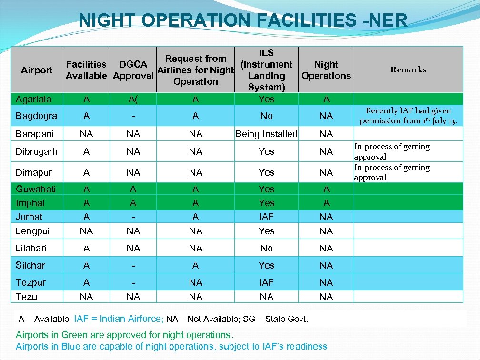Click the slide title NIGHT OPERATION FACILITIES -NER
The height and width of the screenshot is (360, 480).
click(x=243, y=20)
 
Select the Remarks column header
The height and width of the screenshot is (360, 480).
click(x=408, y=70)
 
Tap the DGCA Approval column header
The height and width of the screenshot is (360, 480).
click(x=133, y=70)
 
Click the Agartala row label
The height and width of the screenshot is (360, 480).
click(x=33, y=99)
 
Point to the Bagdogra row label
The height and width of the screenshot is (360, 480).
click(x=36, y=116)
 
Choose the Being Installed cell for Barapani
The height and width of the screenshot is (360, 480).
click(x=266, y=134)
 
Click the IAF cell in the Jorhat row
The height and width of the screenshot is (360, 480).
click(x=266, y=217)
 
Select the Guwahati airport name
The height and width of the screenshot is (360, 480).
click(x=36, y=189)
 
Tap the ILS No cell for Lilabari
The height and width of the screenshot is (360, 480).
click(x=266, y=248)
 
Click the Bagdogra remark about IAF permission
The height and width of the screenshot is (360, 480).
click(x=408, y=116)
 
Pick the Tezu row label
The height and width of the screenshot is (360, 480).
click(x=26, y=297)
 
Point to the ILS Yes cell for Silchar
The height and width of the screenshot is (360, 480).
click(x=266, y=265)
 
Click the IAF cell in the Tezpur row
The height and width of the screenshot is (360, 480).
click(x=266, y=282)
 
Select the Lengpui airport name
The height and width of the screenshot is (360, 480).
click(x=32, y=231)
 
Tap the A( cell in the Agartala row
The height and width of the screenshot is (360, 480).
click(x=133, y=99)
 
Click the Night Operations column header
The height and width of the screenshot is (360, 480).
click(x=326, y=70)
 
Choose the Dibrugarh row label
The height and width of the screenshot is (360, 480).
click(x=37, y=151)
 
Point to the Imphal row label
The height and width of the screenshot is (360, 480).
click(x=30, y=203)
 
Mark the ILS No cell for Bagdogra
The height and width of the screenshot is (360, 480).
click(x=266, y=116)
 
